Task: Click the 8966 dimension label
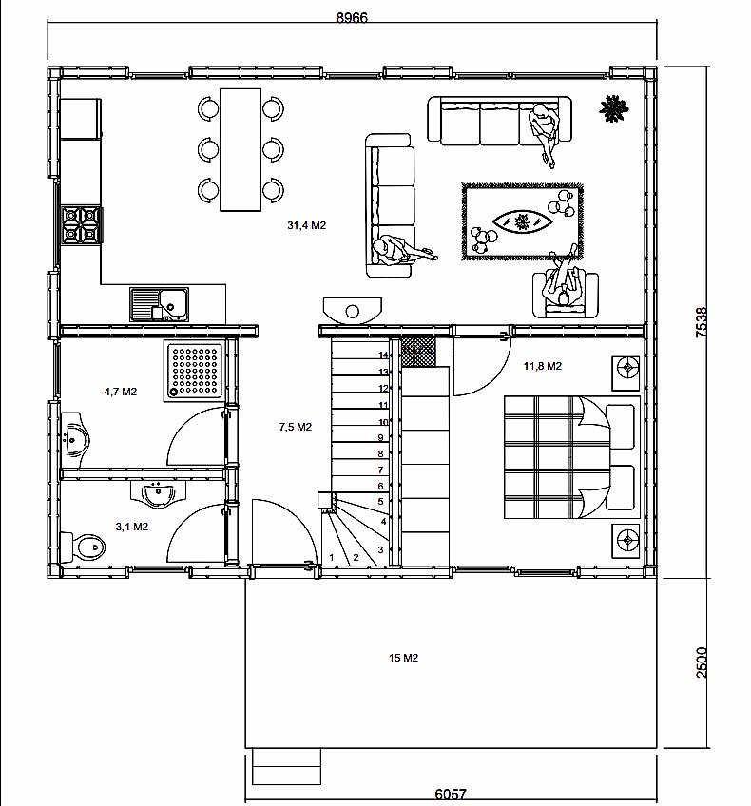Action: [352, 17]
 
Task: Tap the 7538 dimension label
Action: [702, 322]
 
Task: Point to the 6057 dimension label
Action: [451, 795]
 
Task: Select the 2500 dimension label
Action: [702, 662]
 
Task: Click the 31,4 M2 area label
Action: [307, 225]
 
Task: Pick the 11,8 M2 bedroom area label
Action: [543, 366]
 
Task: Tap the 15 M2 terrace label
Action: [403, 658]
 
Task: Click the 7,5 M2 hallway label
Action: [296, 427]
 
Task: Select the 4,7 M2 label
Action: [121, 392]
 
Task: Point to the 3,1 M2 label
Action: [132, 527]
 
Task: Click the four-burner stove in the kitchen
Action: [81, 224]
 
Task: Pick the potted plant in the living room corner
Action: [614, 108]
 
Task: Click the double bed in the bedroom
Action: [572, 456]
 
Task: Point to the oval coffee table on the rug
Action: [523, 222]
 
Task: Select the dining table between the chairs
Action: [241, 149]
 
